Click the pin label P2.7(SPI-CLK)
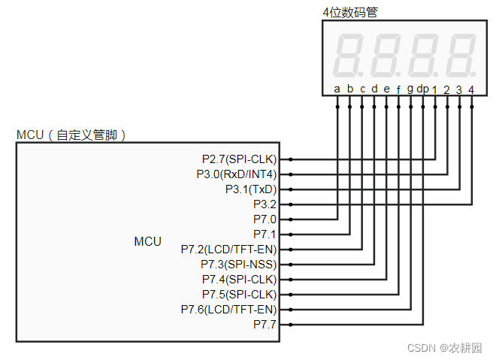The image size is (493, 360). click(x=239, y=159)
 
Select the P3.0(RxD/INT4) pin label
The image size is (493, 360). click(x=236, y=174)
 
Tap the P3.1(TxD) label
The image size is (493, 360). click(x=250, y=189)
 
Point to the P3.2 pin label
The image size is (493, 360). click(x=265, y=204)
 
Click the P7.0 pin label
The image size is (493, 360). click(x=265, y=219)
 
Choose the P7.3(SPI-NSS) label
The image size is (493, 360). click(x=238, y=265)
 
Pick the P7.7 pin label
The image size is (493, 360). click(x=265, y=325)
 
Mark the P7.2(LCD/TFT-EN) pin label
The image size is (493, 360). click(x=228, y=250)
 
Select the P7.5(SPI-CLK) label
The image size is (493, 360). click(x=239, y=295)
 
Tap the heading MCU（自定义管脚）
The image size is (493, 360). click(x=71, y=135)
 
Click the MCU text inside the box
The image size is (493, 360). click(x=147, y=241)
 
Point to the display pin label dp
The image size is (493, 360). click(x=423, y=89)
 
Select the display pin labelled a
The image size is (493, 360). click(x=337, y=89)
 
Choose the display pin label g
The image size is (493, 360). click(x=410, y=89)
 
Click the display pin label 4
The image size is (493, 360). click(x=471, y=89)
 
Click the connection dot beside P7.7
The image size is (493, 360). click(x=291, y=325)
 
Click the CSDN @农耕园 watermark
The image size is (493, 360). click(x=444, y=348)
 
